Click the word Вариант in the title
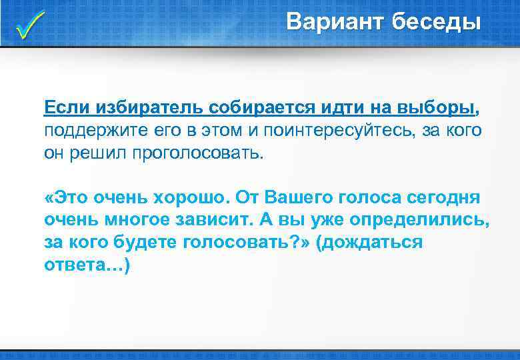pyautogui.click(x=335, y=22)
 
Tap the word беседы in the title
pyautogui.click(x=437, y=22)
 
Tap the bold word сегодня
pyautogui.click(x=437, y=198)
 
